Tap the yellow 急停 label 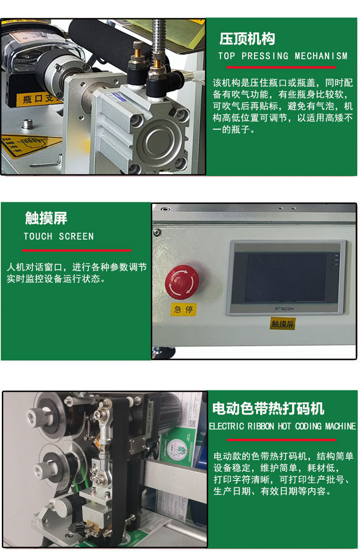(x=183, y=310)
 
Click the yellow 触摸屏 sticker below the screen (x=283, y=324)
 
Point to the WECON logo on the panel (x=285, y=308)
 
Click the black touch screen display (x=286, y=277)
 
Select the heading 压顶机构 (x=247, y=39)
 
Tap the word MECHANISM (x=321, y=56)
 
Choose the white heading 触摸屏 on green (x=46, y=218)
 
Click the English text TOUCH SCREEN (x=59, y=236)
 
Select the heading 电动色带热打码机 (x=268, y=408)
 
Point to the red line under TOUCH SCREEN (x=76, y=250)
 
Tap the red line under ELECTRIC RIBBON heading (x=281, y=440)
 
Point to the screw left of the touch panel (x=157, y=232)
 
